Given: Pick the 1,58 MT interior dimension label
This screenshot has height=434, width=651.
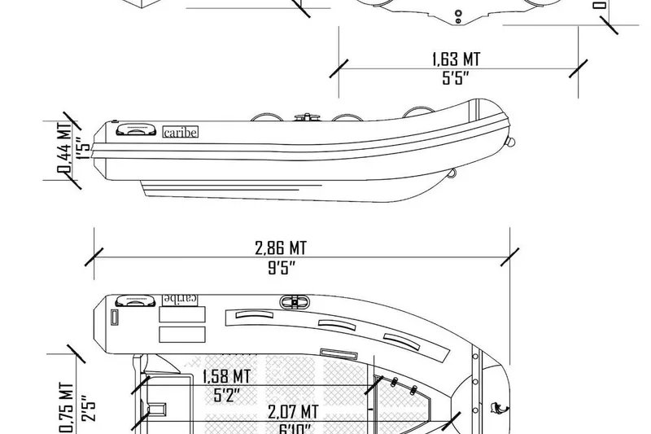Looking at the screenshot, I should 225,376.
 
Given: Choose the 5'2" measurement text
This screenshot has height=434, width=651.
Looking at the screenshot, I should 225,396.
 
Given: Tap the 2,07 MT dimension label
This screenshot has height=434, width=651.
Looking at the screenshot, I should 293,412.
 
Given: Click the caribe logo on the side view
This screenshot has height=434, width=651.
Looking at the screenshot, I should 181,132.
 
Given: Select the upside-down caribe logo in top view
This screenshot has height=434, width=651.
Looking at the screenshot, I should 182,298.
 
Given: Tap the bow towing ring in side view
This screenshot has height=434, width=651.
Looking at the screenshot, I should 511,142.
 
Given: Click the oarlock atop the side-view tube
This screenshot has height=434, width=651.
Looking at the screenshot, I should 308,117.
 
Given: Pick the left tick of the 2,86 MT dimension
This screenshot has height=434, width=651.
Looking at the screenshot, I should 96,257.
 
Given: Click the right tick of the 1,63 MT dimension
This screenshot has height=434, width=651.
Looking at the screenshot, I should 579,68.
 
